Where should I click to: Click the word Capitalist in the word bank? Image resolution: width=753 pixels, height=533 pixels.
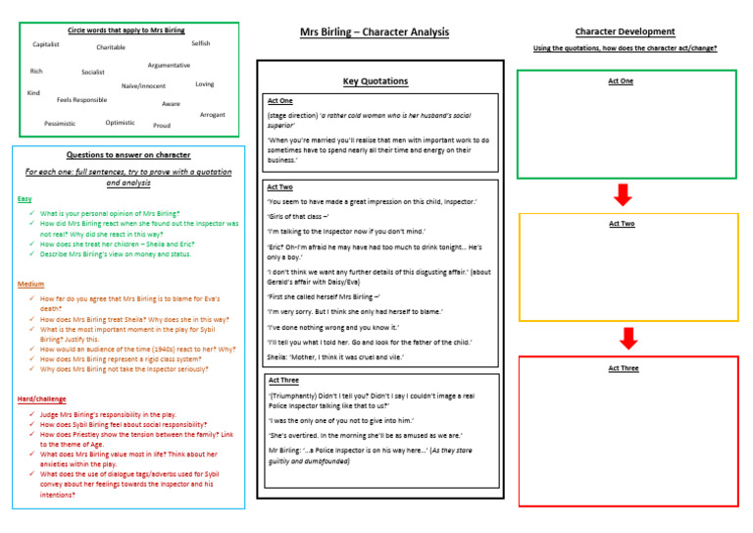point(46,44)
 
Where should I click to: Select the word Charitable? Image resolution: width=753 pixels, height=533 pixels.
point(111,47)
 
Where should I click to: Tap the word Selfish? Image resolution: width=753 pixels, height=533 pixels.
point(201,43)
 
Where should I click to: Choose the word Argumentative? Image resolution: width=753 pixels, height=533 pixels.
point(169,65)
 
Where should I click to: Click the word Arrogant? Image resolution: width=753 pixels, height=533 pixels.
point(213,115)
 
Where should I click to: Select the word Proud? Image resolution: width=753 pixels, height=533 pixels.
point(162,126)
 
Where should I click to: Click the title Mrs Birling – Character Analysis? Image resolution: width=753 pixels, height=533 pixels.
point(375,32)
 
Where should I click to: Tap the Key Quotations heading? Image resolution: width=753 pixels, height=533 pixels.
point(376,81)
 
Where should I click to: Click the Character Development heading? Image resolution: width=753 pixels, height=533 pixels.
point(625,31)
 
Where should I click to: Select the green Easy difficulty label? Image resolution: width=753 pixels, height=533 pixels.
point(25,199)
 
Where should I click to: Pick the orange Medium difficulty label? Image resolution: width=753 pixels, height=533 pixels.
point(30,284)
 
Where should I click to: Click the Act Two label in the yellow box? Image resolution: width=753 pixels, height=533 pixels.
point(622,224)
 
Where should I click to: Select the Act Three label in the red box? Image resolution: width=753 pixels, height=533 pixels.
point(623,368)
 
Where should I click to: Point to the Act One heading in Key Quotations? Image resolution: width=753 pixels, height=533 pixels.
point(279,101)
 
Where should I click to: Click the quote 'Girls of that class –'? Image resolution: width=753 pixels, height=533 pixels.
point(298,216)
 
